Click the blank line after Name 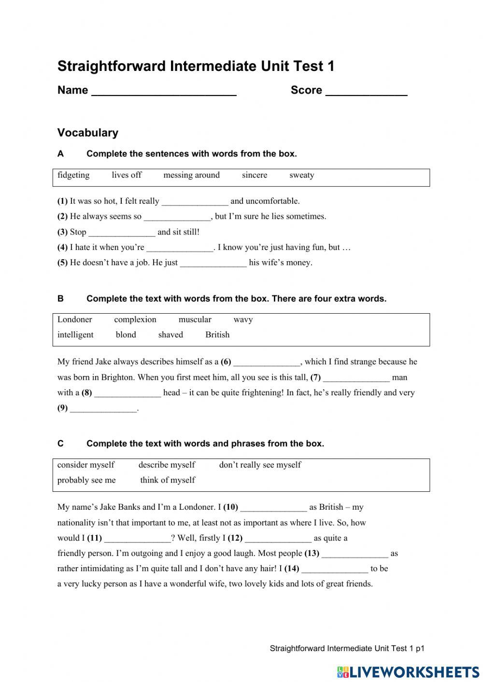click(164, 92)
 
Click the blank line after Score click(366, 92)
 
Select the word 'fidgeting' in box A click(73, 175)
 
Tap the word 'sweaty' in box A click(301, 175)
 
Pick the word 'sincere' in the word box click(254, 175)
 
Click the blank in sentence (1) click(195, 202)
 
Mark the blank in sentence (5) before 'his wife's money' click(213, 264)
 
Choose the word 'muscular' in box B click(195, 320)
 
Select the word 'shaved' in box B click(170, 335)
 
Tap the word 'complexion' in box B click(135, 320)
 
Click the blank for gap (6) click(267, 362)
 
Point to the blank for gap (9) click(103, 409)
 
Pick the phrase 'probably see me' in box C click(86, 480)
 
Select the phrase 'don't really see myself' click(260, 465)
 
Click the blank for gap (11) click(137, 539)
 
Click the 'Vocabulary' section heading click(88, 133)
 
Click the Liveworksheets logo click(408, 672)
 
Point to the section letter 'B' click(60, 299)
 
